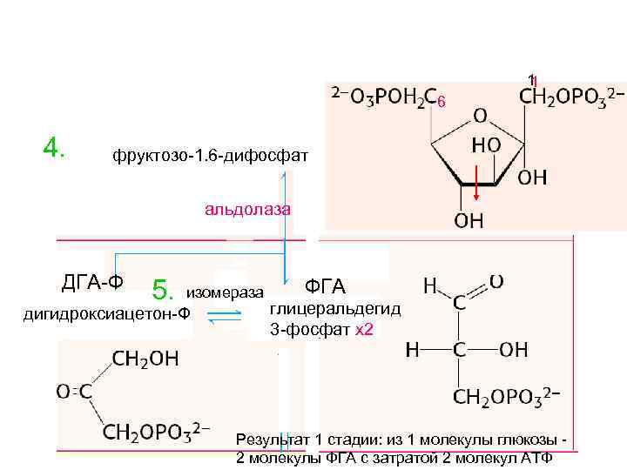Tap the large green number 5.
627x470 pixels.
pyautogui.click(x=165, y=289)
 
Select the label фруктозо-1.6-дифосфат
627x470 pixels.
pyautogui.click(x=210, y=158)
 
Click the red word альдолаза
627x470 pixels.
pyautogui.click(x=248, y=209)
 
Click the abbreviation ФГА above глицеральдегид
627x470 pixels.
pyautogui.click(x=325, y=286)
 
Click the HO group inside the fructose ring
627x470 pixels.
pyautogui.click(x=485, y=144)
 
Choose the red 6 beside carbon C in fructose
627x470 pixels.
pyautogui.click(x=441, y=103)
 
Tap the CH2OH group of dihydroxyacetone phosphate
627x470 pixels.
pyautogui.click(x=145, y=358)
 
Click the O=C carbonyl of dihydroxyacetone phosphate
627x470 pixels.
pyautogui.click(x=74, y=393)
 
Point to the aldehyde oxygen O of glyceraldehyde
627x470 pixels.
pyautogui.click(x=496, y=280)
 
